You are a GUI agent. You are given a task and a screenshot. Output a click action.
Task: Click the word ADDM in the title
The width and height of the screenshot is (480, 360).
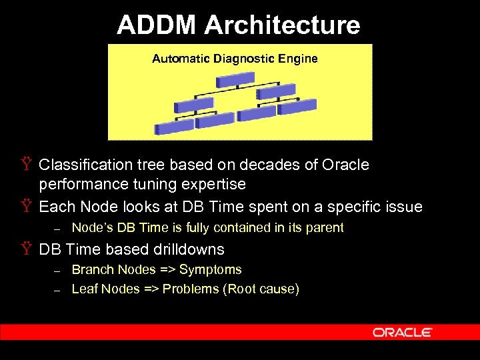click(x=157, y=25)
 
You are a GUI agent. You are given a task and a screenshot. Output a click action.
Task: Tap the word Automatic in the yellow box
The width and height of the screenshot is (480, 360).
click(x=181, y=59)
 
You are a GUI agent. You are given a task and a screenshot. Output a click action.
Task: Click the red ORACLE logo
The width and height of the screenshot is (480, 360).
click(x=403, y=332)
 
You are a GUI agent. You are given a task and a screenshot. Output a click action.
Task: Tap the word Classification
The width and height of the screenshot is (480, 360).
click(x=84, y=165)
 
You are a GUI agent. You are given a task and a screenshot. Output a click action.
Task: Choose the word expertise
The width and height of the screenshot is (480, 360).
click(x=213, y=184)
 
